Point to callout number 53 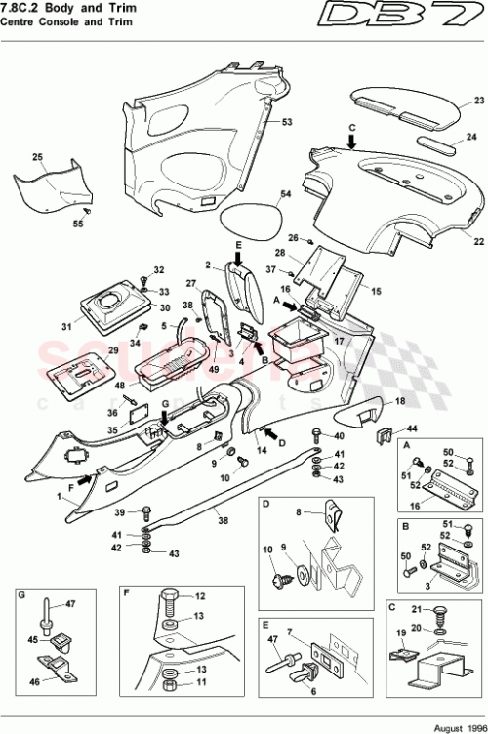point(288,122)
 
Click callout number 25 point(38,156)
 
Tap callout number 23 point(478,101)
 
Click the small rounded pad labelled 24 point(437,145)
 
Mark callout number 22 point(478,240)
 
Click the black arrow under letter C point(350,143)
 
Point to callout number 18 point(399,401)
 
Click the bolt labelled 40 point(317,435)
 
